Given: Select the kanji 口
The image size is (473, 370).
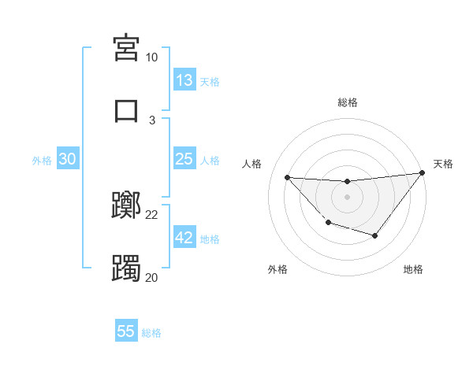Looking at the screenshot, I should pos(126,110).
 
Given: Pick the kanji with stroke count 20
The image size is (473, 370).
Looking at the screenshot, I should pos(126,268).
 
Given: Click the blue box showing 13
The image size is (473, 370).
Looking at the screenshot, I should pos(184,80).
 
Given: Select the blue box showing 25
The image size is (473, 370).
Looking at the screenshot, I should pos(184,159).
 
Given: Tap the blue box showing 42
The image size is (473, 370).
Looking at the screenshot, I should pos(184,238).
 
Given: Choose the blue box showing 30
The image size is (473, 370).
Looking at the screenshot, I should pos(68,159).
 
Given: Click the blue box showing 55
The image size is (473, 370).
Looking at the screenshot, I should pos(126,331).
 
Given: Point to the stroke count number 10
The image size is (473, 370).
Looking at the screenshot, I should pos(151,57).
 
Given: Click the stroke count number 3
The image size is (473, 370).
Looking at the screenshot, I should pos(152,120).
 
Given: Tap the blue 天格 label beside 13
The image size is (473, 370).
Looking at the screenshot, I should pos(209,81).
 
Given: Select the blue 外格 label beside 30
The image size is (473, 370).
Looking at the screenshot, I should pos(42,160).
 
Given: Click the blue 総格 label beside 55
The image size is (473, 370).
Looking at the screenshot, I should pos(151,332).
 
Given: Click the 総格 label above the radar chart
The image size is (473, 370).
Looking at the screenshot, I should pos(347,102).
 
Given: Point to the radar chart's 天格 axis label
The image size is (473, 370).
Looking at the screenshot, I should pos(443,164).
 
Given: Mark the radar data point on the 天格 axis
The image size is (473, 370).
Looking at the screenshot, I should pos(423,172).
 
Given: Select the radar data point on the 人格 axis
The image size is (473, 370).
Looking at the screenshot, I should pos(287,177).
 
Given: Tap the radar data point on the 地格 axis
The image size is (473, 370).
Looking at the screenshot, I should pos(375,235).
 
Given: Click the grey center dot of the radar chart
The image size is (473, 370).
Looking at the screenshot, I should pos(347,197).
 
